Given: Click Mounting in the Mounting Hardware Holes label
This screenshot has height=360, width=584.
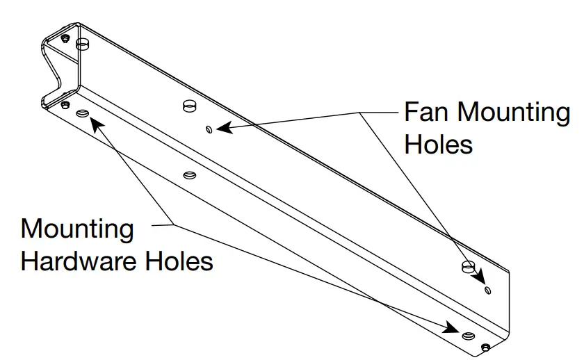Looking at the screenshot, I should (x=76, y=229).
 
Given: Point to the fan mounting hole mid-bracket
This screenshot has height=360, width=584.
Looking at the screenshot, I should (x=209, y=128).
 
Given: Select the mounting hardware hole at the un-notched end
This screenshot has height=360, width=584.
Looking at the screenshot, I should (x=469, y=336).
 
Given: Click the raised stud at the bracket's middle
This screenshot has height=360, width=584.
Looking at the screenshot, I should (x=188, y=106).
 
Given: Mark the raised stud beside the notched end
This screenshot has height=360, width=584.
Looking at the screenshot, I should (x=83, y=45).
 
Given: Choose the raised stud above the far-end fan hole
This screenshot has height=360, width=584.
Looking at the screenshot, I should (x=468, y=266).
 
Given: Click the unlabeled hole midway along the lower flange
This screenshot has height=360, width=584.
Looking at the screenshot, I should (x=187, y=175).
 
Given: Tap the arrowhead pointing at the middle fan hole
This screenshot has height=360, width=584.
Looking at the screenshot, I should (x=222, y=127).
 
